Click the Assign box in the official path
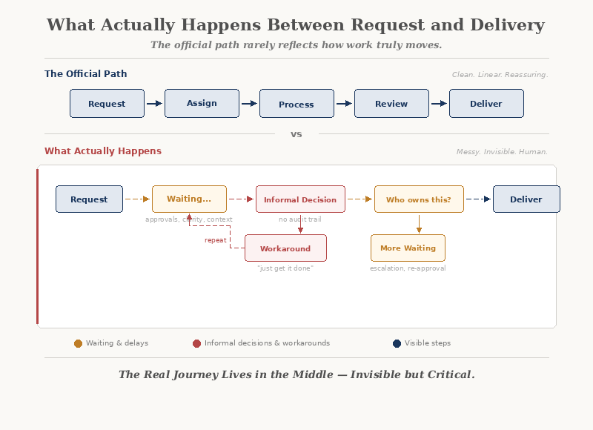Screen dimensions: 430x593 coord(202,103)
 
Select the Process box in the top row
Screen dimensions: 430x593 coord(296,104)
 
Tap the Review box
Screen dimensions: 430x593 coord(391,104)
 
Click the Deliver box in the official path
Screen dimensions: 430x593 coord(486,104)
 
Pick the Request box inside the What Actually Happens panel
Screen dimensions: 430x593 coord(89,199)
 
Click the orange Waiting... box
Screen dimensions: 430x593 coord(189,199)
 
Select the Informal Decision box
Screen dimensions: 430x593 coord(300,199)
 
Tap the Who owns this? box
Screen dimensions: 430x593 coord(419,199)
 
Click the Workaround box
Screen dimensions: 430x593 coord(285,248)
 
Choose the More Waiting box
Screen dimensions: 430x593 coord(408,248)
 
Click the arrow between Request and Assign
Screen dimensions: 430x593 coord(155,104)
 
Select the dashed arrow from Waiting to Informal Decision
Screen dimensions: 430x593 coord(241,199)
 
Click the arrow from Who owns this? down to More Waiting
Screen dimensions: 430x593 coord(419,223)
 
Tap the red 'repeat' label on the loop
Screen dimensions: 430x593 coord(216,240)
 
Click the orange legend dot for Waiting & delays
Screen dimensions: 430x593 coord(79,343)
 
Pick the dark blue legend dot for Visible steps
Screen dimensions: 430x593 coord(397,343)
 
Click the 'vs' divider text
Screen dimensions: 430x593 coord(296,134)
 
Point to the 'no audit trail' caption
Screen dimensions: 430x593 coord(300,219)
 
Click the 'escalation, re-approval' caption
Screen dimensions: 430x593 coord(408,268)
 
